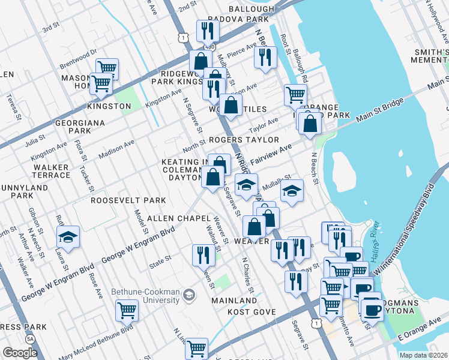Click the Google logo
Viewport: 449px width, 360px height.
pos(20,353)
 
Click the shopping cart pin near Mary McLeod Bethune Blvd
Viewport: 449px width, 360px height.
pos(127,310)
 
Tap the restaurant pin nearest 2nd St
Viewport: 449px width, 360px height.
pos(207,31)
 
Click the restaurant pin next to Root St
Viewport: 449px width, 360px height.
pos(265,57)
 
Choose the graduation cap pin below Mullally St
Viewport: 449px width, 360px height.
pos(292,192)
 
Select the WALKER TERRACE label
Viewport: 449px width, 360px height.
pos(52,171)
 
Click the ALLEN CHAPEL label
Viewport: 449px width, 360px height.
pos(172,217)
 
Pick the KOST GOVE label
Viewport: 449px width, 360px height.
pos(251,313)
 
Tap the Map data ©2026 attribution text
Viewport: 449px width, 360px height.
pos(424,355)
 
